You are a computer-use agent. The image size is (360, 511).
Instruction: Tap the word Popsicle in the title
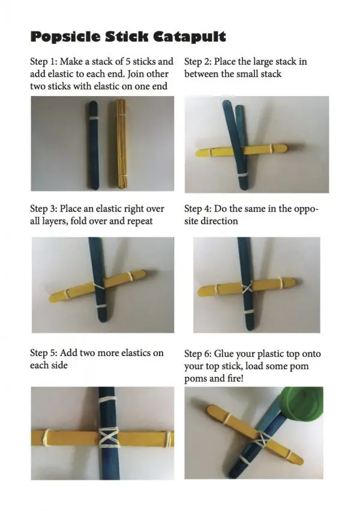click(x=65, y=37)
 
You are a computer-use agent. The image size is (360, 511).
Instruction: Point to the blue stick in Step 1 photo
click(x=94, y=145)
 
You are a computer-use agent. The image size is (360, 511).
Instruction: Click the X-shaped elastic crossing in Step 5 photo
click(x=109, y=437)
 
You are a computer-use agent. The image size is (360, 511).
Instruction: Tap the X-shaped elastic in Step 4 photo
click(x=247, y=288)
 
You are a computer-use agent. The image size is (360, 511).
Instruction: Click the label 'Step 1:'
click(x=43, y=62)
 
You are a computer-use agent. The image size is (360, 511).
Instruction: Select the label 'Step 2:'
click(x=197, y=62)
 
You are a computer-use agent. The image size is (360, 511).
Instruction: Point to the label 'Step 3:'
click(x=43, y=208)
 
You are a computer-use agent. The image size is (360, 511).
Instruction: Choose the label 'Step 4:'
click(x=197, y=208)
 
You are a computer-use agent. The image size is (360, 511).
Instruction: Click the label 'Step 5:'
click(x=43, y=353)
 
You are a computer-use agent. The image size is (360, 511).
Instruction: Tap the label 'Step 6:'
click(x=197, y=354)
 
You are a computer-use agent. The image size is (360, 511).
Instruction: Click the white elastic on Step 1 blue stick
click(x=94, y=118)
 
